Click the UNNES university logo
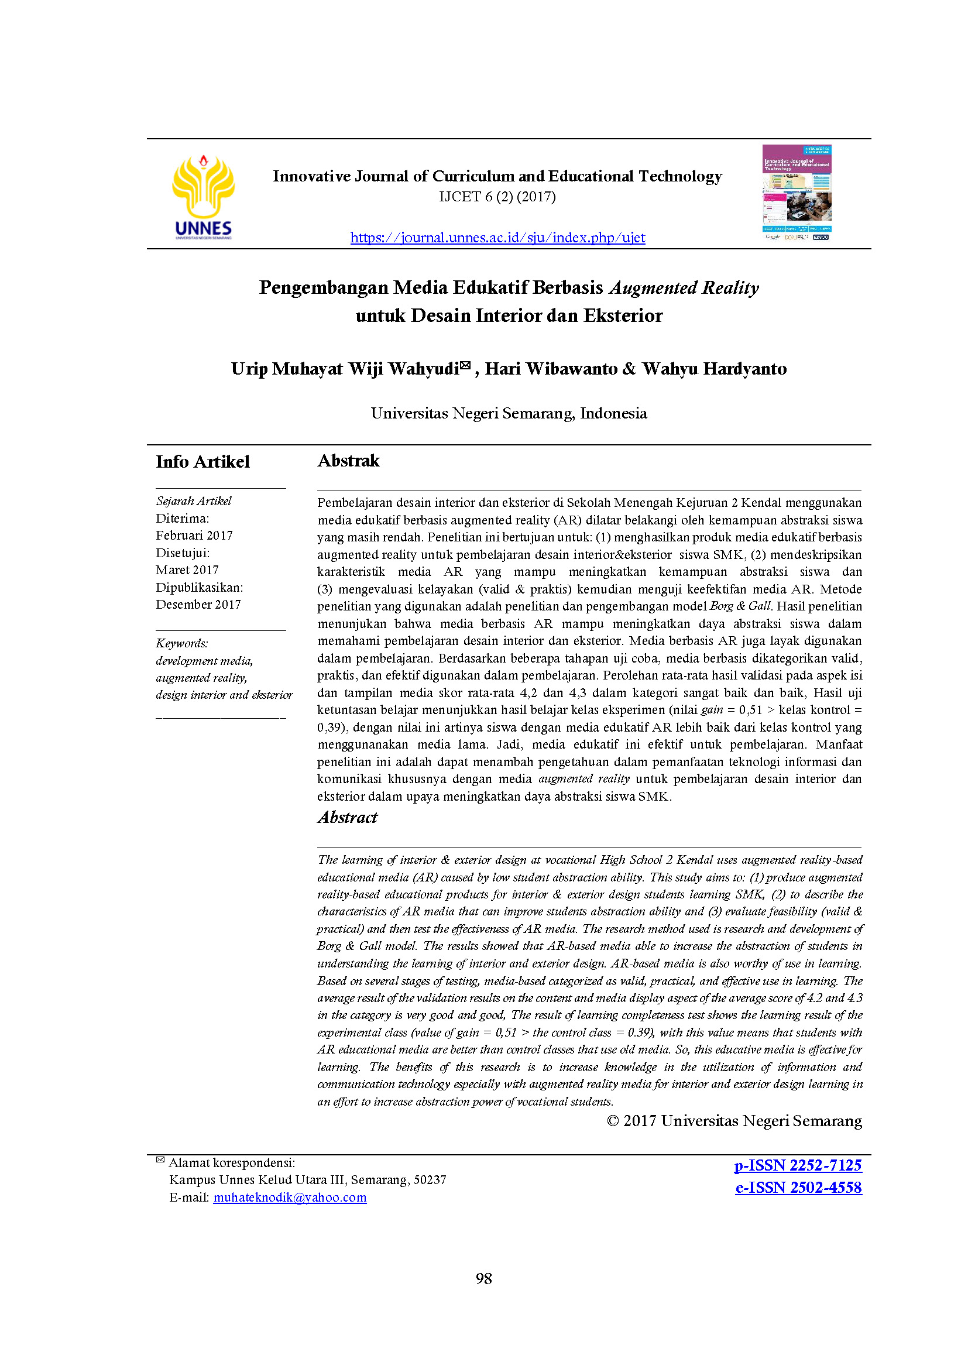click(202, 197)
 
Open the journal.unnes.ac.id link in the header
click(497, 238)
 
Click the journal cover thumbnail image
click(797, 192)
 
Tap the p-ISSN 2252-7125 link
click(798, 1165)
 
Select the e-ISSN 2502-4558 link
click(798, 1188)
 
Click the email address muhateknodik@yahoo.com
click(290, 1198)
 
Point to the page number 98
click(483, 1278)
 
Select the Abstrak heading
click(348, 461)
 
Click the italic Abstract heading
click(348, 818)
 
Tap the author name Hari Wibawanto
click(551, 369)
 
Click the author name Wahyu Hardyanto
click(714, 369)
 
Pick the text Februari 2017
click(194, 536)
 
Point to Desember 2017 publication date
click(198, 605)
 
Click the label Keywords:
click(182, 643)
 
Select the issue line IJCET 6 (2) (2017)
click(497, 197)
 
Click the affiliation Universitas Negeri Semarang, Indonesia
click(509, 413)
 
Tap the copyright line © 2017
click(734, 1121)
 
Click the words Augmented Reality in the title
click(684, 288)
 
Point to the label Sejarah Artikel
click(194, 501)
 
